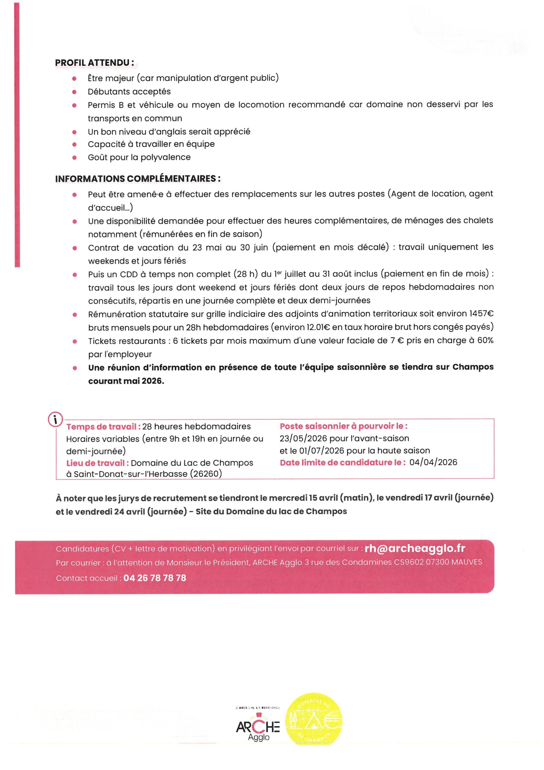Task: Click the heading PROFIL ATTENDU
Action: pyautogui.click(x=94, y=63)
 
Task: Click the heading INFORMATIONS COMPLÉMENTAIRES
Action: pyautogui.click(x=138, y=178)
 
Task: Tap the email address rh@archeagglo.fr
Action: pyautogui.click(x=415, y=548)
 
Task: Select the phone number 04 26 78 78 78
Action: pyautogui.click(x=154, y=578)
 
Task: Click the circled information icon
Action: pyautogui.click(x=56, y=419)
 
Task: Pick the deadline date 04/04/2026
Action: pyautogui.click(x=433, y=463)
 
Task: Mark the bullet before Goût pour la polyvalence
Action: pyautogui.click(x=75, y=157)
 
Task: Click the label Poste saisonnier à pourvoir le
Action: pyautogui.click(x=344, y=426)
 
